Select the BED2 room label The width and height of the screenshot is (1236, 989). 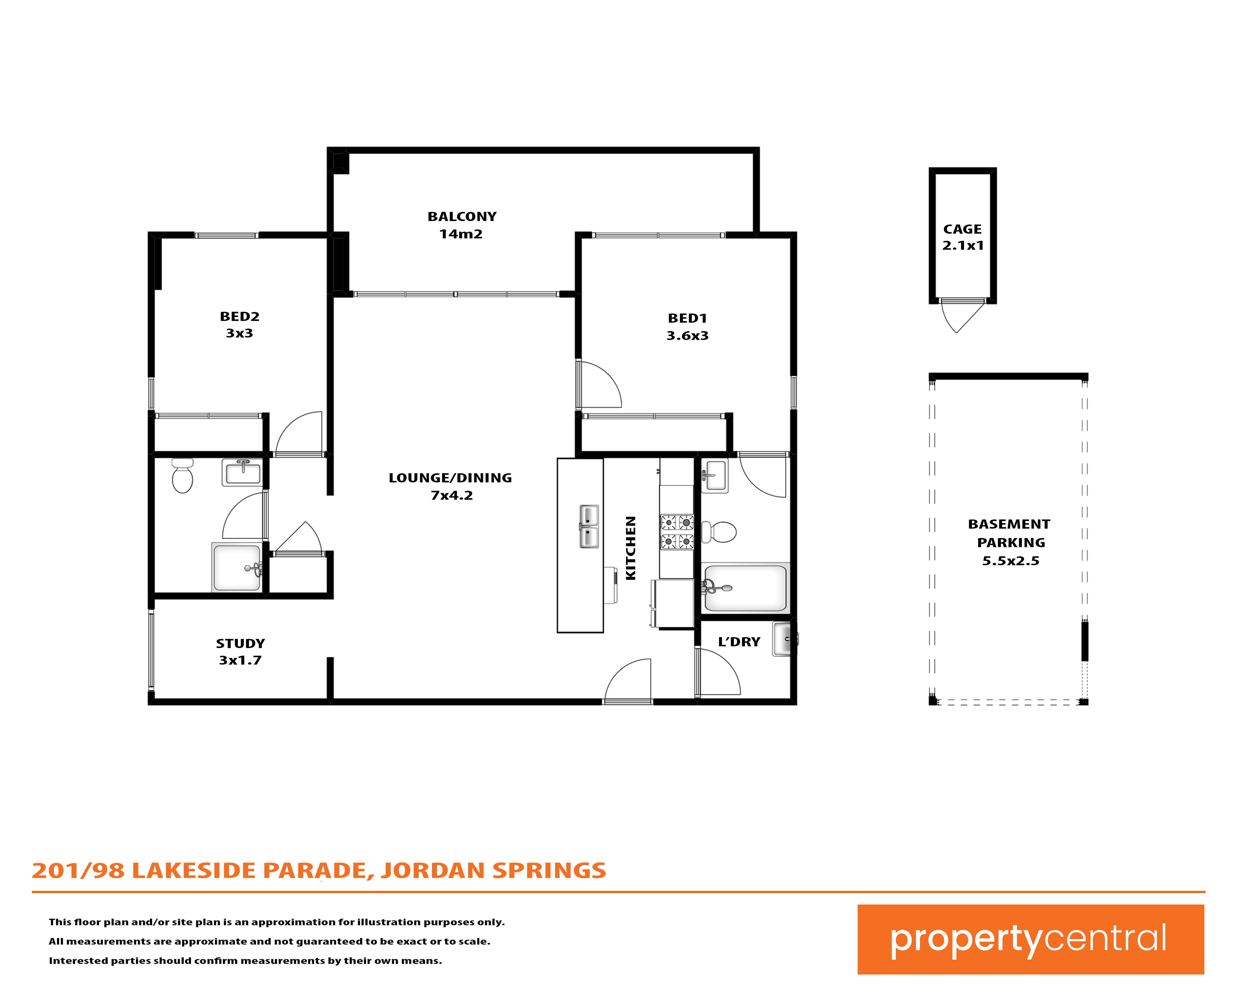240,316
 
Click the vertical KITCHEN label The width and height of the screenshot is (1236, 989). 631,548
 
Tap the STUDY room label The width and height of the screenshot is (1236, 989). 240,643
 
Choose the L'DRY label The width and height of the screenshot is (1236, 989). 739,642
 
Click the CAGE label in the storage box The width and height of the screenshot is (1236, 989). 963,229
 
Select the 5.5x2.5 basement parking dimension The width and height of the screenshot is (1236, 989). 1011,561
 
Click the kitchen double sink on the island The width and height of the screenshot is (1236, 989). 589,526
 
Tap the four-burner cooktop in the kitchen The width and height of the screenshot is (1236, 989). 677,532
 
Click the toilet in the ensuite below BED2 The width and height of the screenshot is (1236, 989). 182,476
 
